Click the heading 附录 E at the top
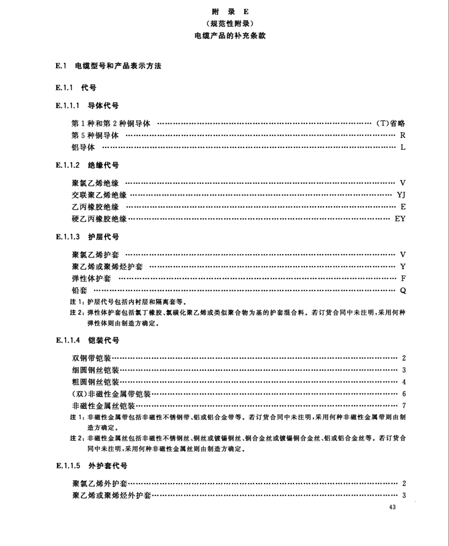click(x=230, y=11)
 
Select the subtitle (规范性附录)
click(x=230, y=23)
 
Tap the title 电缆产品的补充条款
click(x=230, y=35)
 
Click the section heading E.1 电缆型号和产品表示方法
click(x=108, y=66)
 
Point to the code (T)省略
click(x=391, y=124)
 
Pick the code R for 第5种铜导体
click(x=402, y=136)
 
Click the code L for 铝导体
click(x=403, y=148)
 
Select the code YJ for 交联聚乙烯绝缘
click(x=401, y=195)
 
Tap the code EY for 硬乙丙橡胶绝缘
click(x=400, y=219)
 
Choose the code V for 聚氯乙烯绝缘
click(x=402, y=183)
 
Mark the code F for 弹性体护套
click(x=403, y=278)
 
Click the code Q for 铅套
click(x=402, y=290)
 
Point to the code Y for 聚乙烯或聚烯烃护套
click(x=402, y=266)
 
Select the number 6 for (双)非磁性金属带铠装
click(x=403, y=393)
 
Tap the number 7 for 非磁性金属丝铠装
click(x=403, y=405)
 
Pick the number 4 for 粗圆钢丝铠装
click(x=403, y=382)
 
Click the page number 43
click(x=393, y=507)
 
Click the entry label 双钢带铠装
click(x=92, y=358)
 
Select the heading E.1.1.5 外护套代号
click(x=91, y=466)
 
